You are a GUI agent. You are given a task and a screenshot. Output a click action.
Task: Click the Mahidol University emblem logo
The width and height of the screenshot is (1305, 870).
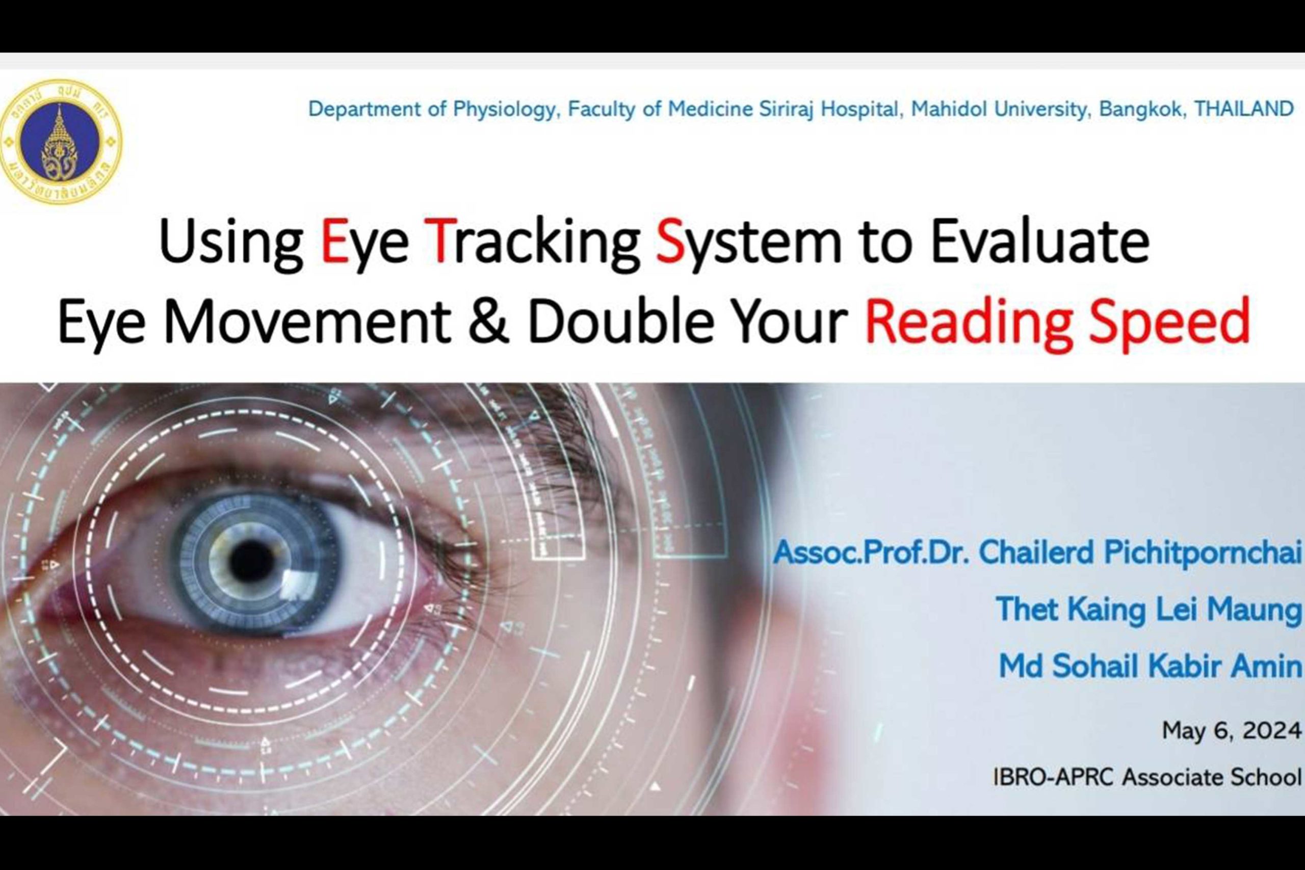pos(61,141)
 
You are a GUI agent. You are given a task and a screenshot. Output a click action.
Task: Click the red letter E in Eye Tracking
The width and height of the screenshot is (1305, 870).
pos(334,242)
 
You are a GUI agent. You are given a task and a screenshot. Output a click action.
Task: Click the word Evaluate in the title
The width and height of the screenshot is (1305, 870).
pos(1040,242)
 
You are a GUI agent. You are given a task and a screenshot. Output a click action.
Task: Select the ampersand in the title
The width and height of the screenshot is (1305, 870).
pos(488,322)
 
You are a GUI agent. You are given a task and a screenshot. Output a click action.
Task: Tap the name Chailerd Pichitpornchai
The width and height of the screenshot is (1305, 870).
pos(1140,552)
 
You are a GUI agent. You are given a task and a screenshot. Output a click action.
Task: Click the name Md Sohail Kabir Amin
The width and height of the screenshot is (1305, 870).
pos(1150,666)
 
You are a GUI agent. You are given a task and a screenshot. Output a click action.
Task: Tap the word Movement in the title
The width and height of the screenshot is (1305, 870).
pos(307,322)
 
